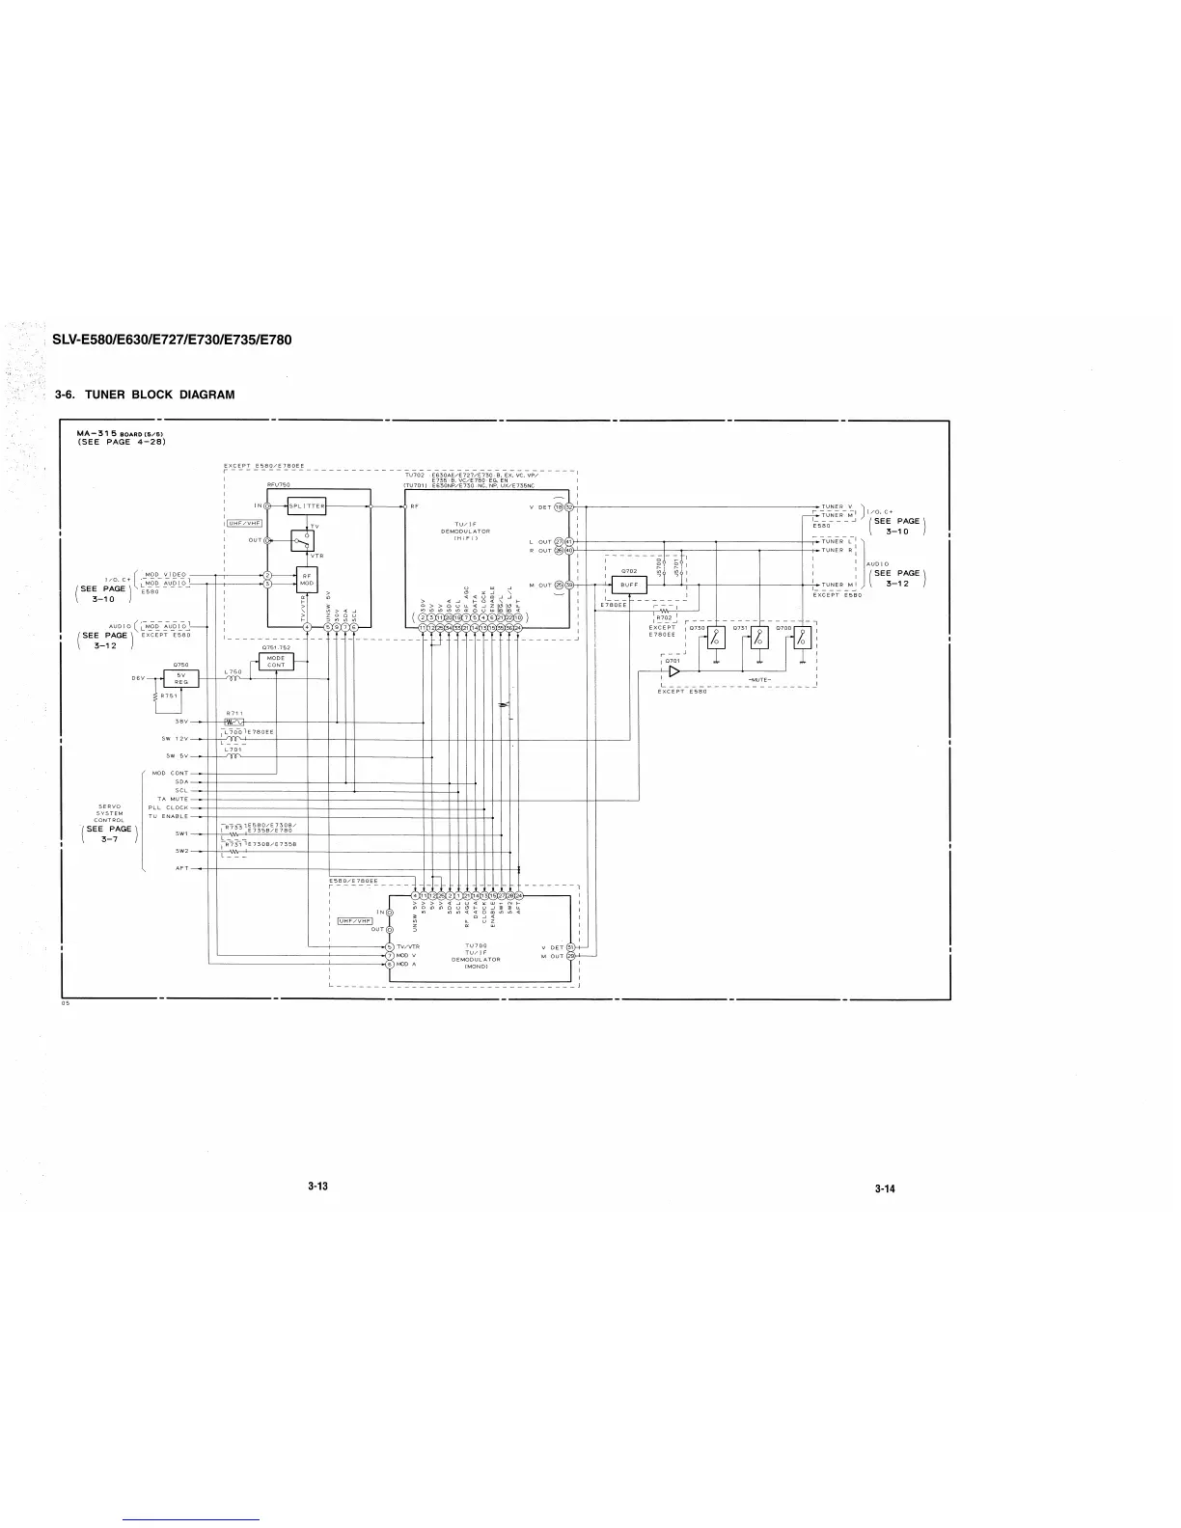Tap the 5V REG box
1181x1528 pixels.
click(x=181, y=678)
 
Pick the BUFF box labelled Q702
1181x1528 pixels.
click(x=629, y=585)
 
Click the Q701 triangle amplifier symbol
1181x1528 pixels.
click(x=674, y=670)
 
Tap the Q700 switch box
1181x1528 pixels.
click(x=802, y=637)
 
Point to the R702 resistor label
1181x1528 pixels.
click(x=665, y=617)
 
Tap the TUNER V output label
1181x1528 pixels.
click(x=837, y=505)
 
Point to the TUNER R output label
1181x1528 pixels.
click(x=837, y=550)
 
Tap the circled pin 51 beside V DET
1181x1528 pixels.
click(x=570, y=947)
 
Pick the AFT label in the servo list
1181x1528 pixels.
click(x=181, y=868)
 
